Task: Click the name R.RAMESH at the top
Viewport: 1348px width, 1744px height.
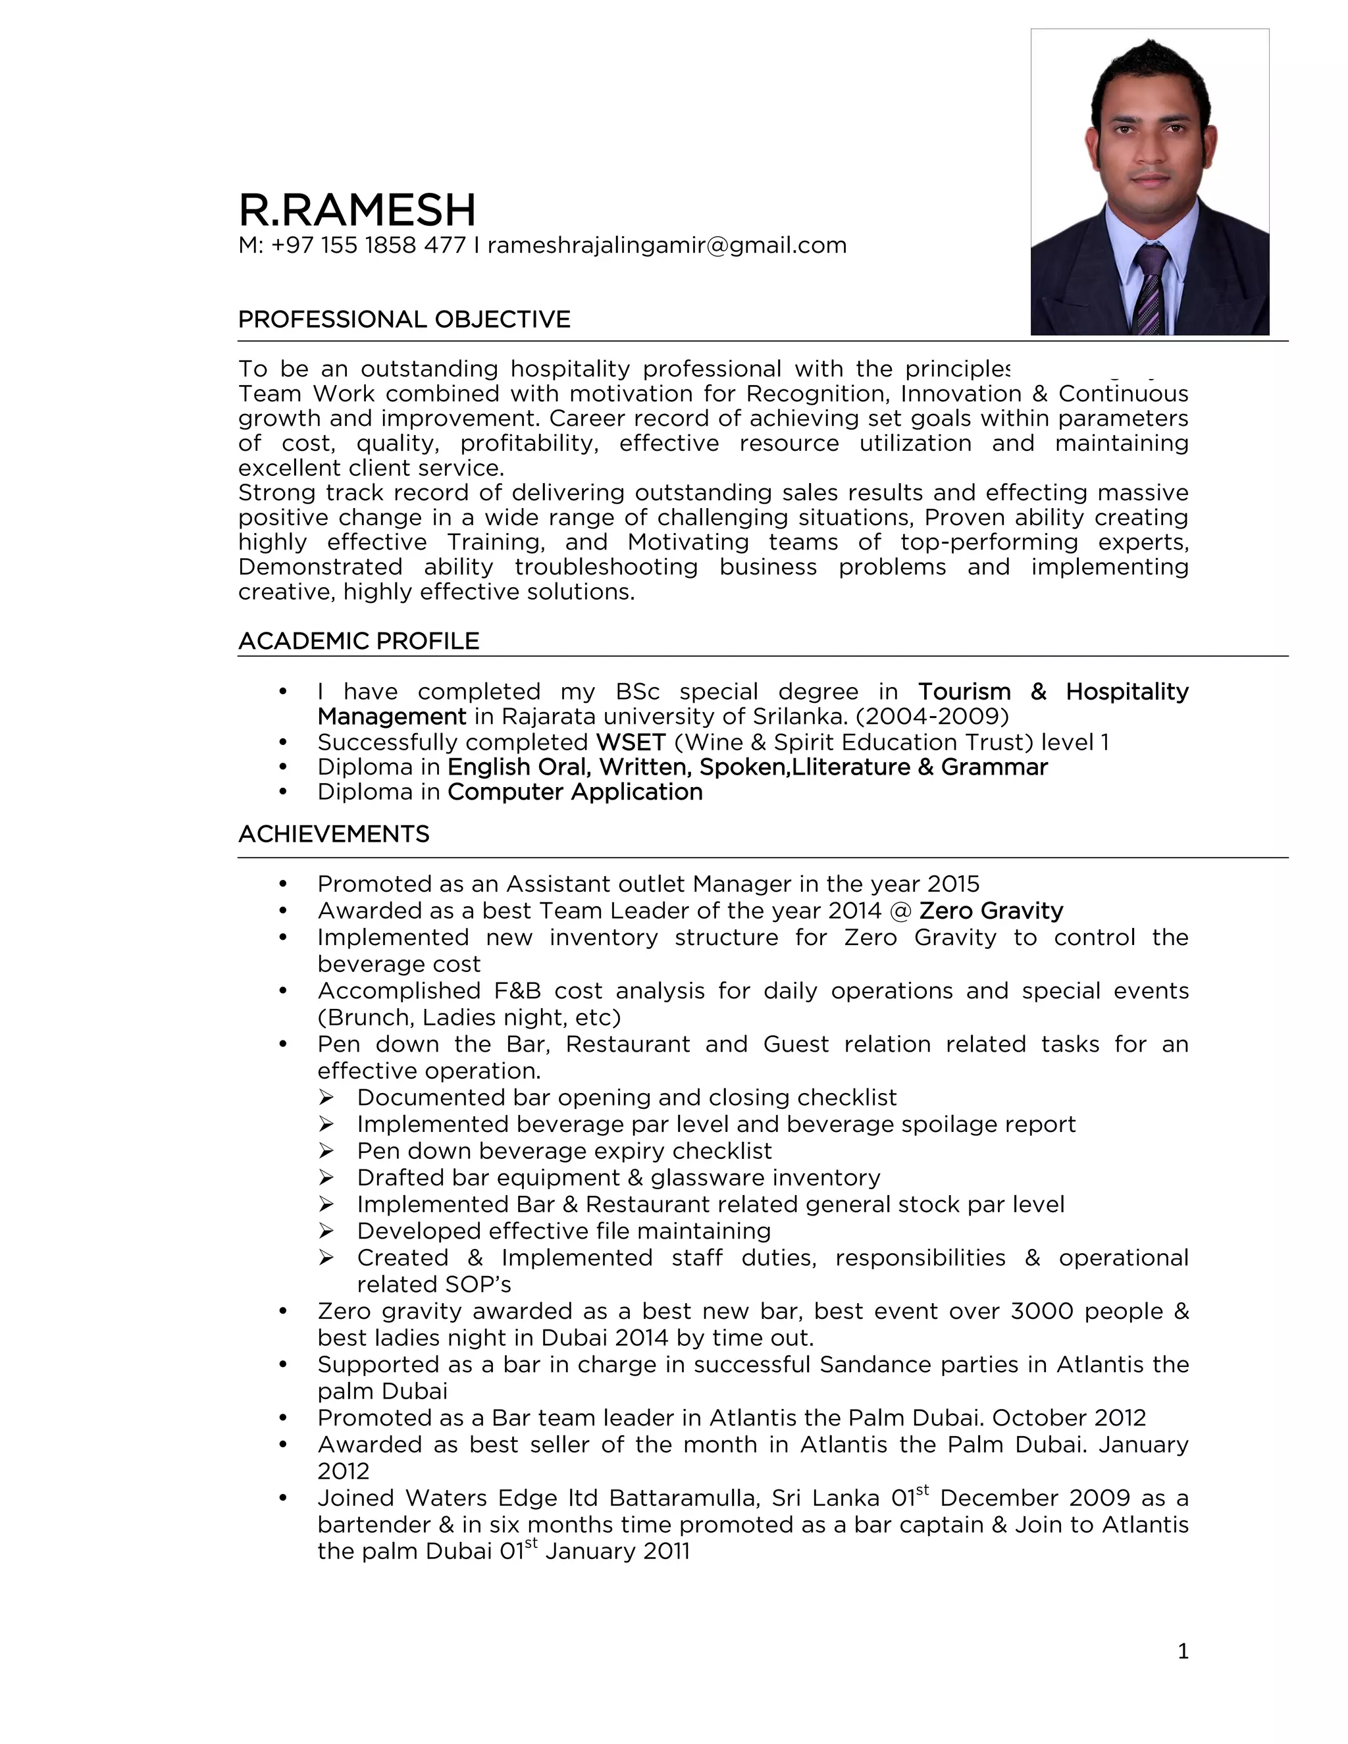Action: click(x=357, y=210)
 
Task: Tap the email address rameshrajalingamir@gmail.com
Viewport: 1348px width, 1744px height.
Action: click(x=667, y=245)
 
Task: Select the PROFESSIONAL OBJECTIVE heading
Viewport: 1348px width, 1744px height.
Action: click(x=404, y=319)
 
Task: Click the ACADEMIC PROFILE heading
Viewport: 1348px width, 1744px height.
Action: click(x=359, y=641)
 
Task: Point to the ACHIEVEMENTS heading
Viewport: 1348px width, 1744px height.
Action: click(x=334, y=834)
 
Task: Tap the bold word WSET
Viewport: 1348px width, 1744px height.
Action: click(x=631, y=742)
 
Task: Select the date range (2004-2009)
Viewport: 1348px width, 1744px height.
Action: click(x=932, y=716)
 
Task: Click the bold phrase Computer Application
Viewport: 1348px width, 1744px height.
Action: click(x=575, y=792)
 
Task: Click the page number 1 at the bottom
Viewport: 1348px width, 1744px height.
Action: click(x=1183, y=1651)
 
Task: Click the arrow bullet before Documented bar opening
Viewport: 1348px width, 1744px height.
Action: click(x=326, y=1098)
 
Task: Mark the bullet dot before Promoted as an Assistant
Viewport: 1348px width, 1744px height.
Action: click(x=282, y=885)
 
